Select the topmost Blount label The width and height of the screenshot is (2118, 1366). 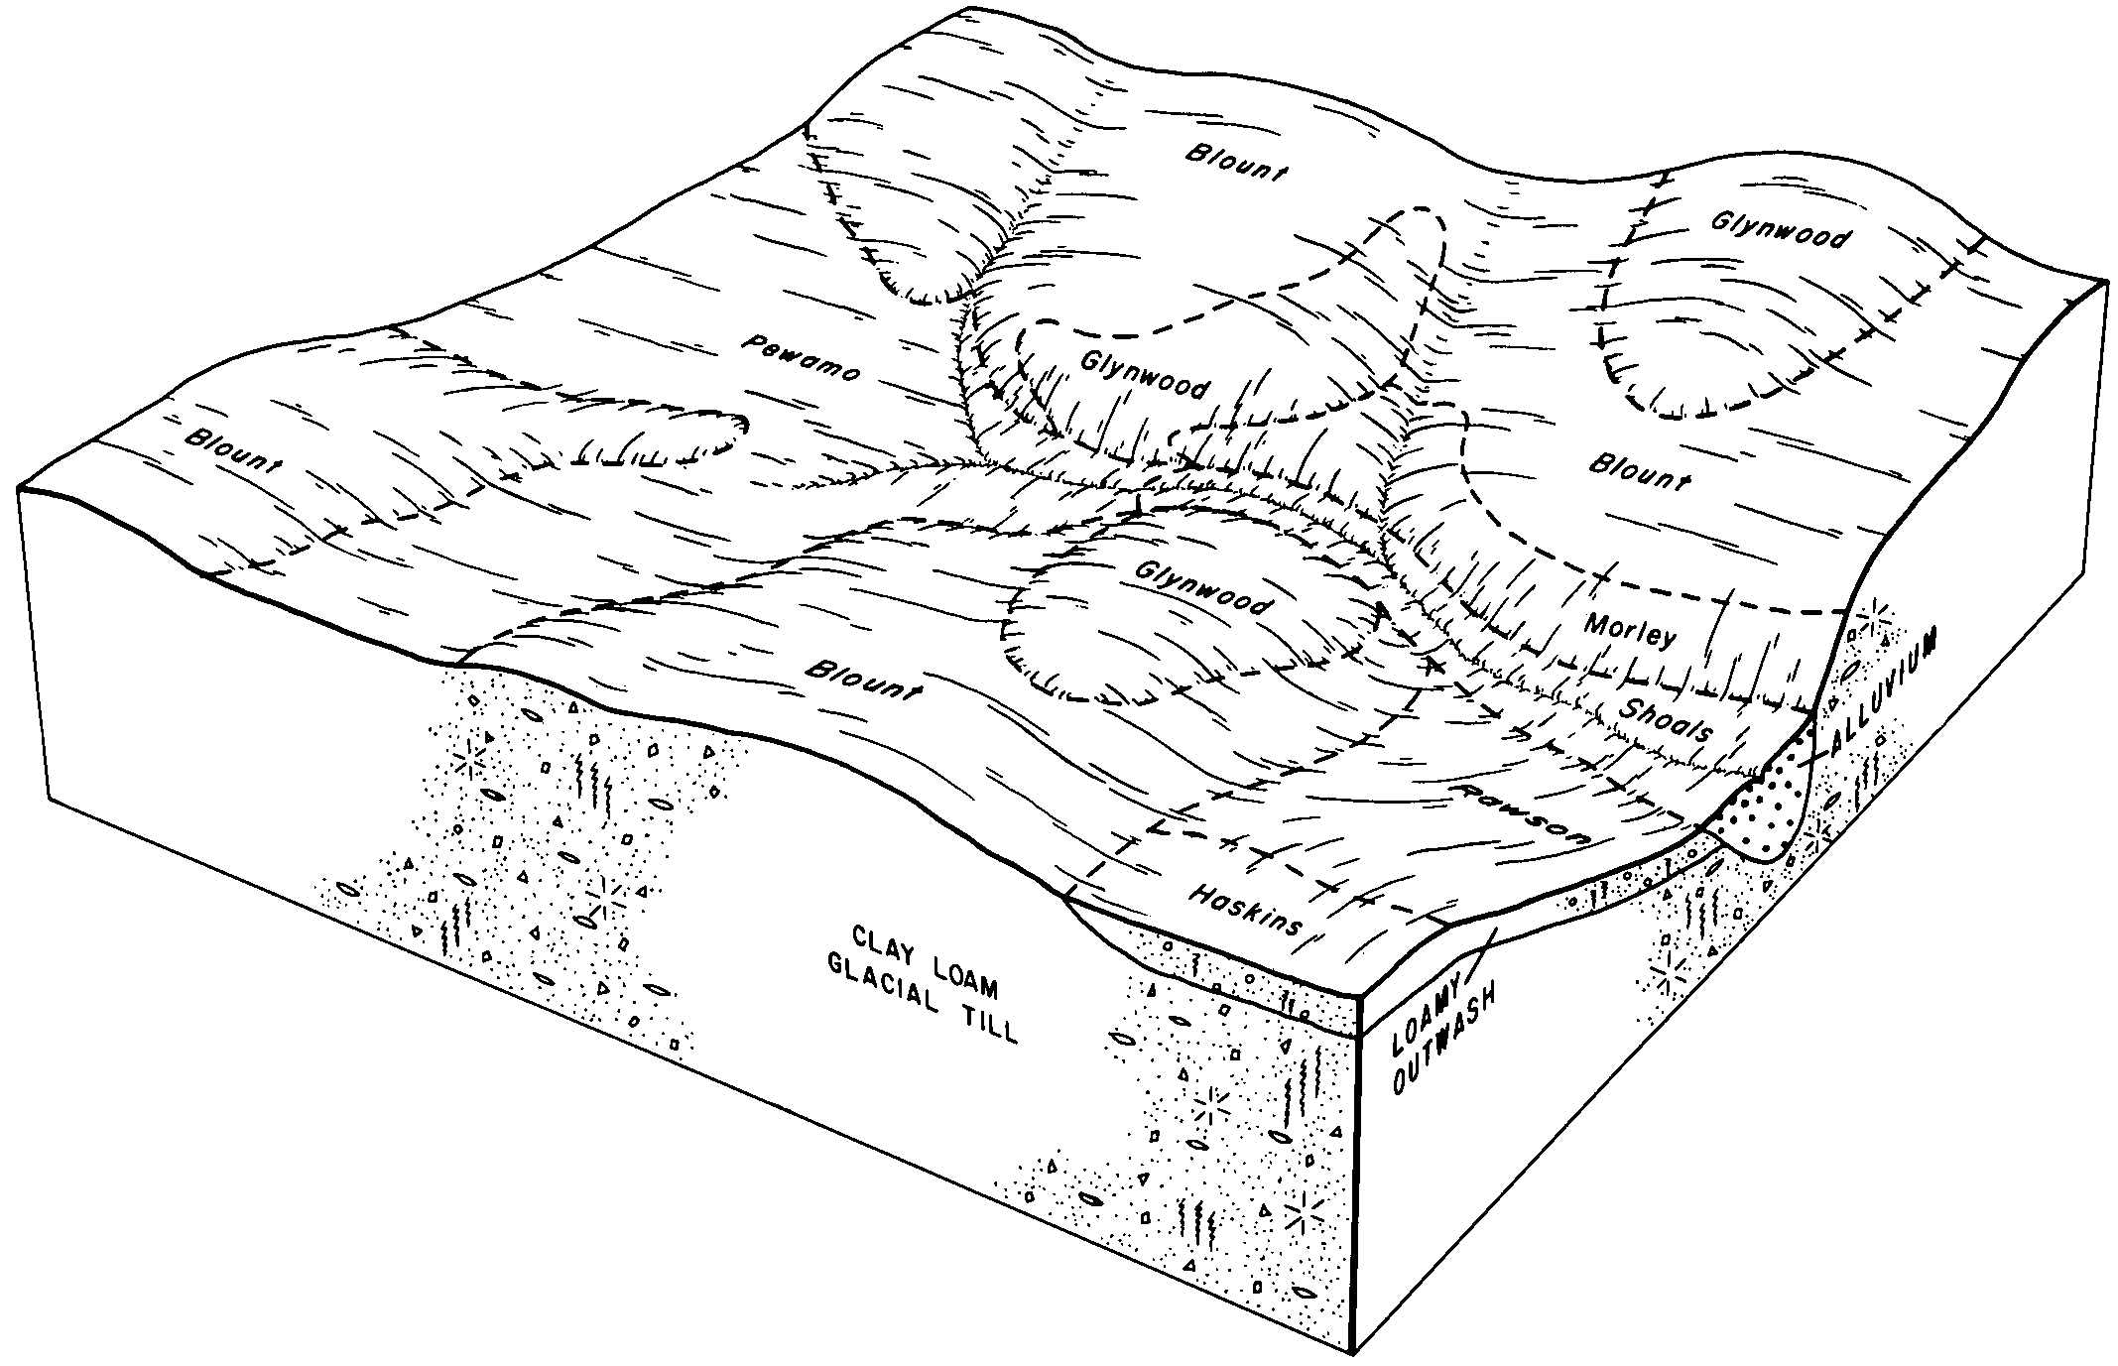(x=1236, y=162)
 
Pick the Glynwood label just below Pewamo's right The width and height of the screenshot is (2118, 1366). (x=1143, y=376)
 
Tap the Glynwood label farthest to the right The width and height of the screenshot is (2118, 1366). (x=1781, y=230)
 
